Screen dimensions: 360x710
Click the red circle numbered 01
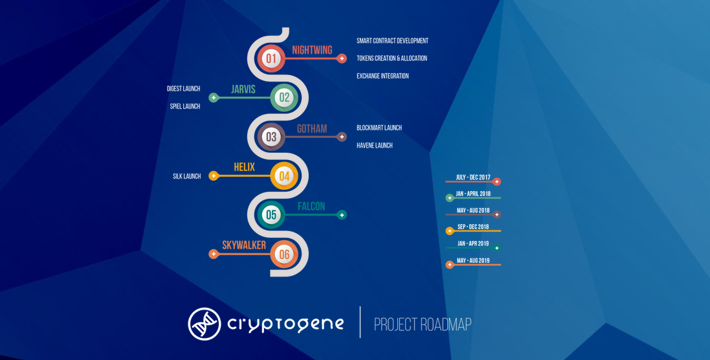pyautogui.click(x=271, y=59)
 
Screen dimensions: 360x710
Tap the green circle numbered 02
pyautogui.click(x=284, y=98)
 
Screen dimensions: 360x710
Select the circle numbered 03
pyautogui.click(x=271, y=137)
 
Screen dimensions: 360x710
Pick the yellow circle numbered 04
pyautogui.click(x=284, y=176)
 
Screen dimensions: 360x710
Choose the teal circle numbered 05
pyautogui.click(x=271, y=215)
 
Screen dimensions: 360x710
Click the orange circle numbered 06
pyautogui.click(x=284, y=254)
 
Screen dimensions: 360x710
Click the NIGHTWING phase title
pyautogui.click(x=312, y=50)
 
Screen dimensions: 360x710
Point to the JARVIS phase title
pyautogui.click(x=243, y=89)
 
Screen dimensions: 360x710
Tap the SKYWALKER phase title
pyautogui.click(x=244, y=245)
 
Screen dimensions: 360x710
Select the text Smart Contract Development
pyautogui.click(x=392, y=41)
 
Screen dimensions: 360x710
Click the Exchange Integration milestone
pyautogui.click(x=383, y=76)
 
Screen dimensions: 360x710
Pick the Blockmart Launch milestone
pyautogui.click(x=379, y=128)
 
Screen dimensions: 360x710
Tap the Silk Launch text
pyautogui.click(x=186, y=176)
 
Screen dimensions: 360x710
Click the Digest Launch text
pyautogui.click(x=183, y=89)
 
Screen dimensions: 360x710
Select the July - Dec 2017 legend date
pyautogui.click(x=472, y=177)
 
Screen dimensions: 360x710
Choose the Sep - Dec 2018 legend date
pyautogui.click(x=473, y=227)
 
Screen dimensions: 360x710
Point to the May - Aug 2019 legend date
pyautogui.click(x=473, y=261)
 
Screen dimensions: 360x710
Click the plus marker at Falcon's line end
pyautogui.click(x=342, y=215)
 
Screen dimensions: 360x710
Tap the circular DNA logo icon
pyautogui.click(x=204, y=324)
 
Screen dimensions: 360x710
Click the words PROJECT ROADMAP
pyautogui.click(x=423, y=324)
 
